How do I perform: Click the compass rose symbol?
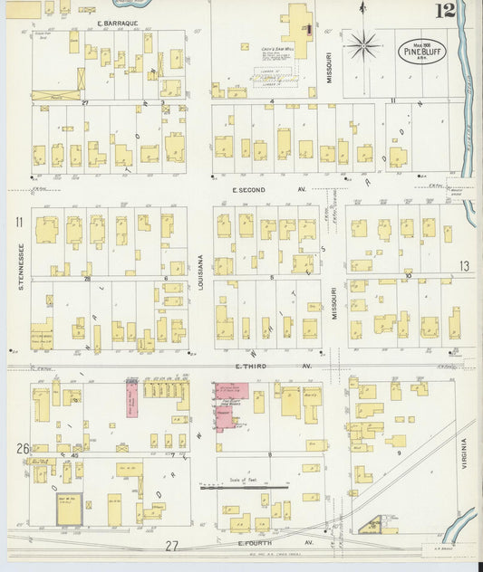point(363,43)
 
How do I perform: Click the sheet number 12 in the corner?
point(444,11)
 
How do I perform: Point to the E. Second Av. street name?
point(258,190)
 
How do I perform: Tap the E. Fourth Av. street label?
point(256,543)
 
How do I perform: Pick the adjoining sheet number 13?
point(464,266)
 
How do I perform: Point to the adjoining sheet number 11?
point(17,222)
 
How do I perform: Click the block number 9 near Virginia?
point(398,451)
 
